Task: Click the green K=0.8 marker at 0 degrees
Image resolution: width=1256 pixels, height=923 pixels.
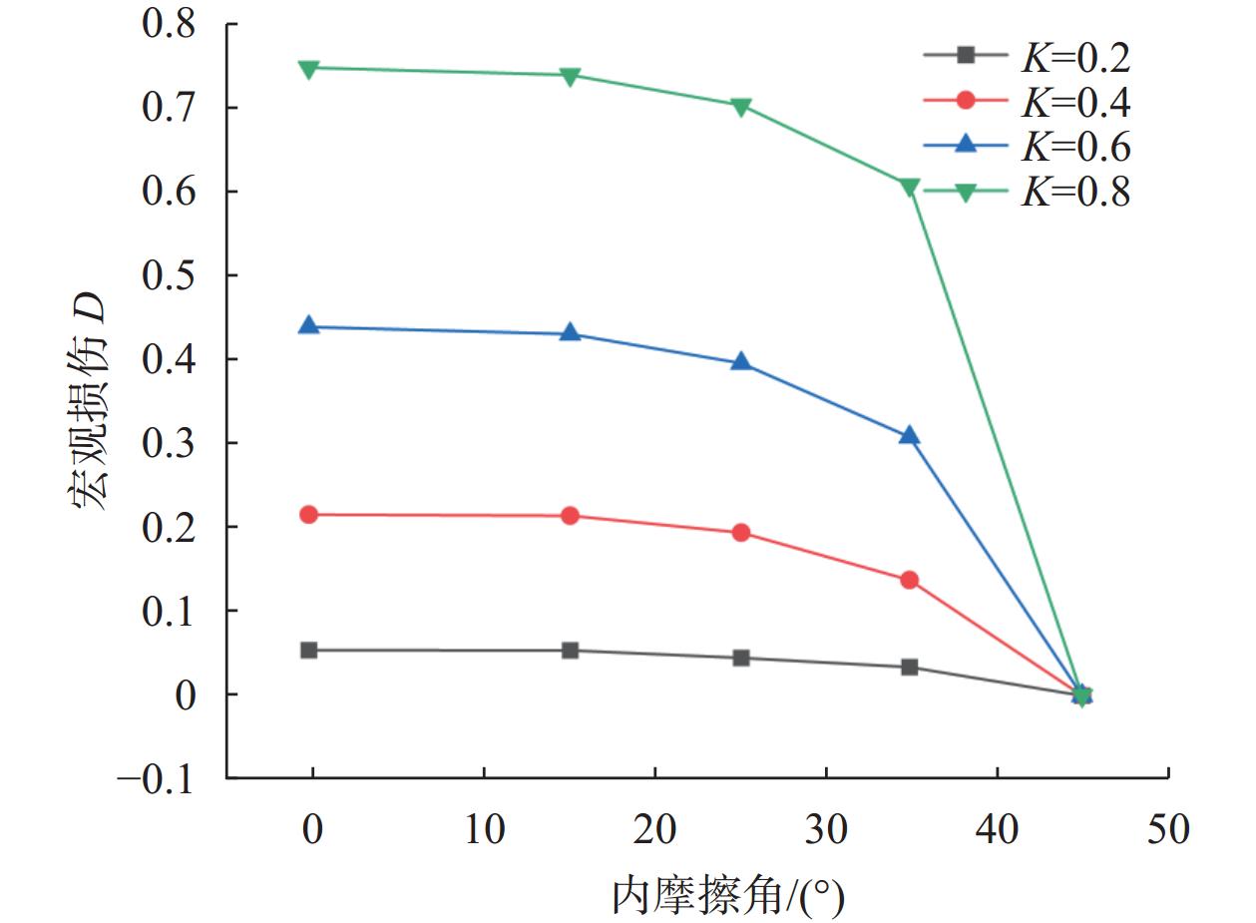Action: (309, 69)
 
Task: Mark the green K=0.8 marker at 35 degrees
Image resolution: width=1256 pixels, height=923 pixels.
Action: (909, 188)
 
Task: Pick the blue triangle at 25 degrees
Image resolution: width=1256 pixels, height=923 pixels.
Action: (740, 362)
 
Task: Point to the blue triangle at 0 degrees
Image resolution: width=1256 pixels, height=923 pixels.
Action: (309, 326)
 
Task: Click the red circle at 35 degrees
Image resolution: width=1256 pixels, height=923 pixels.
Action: (909, 580)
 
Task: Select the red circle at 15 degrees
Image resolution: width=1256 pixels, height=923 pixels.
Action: (570, 516)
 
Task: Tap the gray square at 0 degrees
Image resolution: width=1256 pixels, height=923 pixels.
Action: (309, 651)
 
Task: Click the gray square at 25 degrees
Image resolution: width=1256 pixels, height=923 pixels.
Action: (740, 658)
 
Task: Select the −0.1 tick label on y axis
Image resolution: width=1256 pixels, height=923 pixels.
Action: (156, 778)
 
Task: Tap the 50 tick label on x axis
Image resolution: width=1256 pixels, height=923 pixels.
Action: (1168, 828)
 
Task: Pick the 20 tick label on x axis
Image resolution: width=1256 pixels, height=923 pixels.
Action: (655, 828)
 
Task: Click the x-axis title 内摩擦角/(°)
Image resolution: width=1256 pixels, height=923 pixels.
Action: (727, 895)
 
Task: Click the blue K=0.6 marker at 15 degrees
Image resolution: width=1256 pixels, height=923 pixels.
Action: (570, 333)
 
